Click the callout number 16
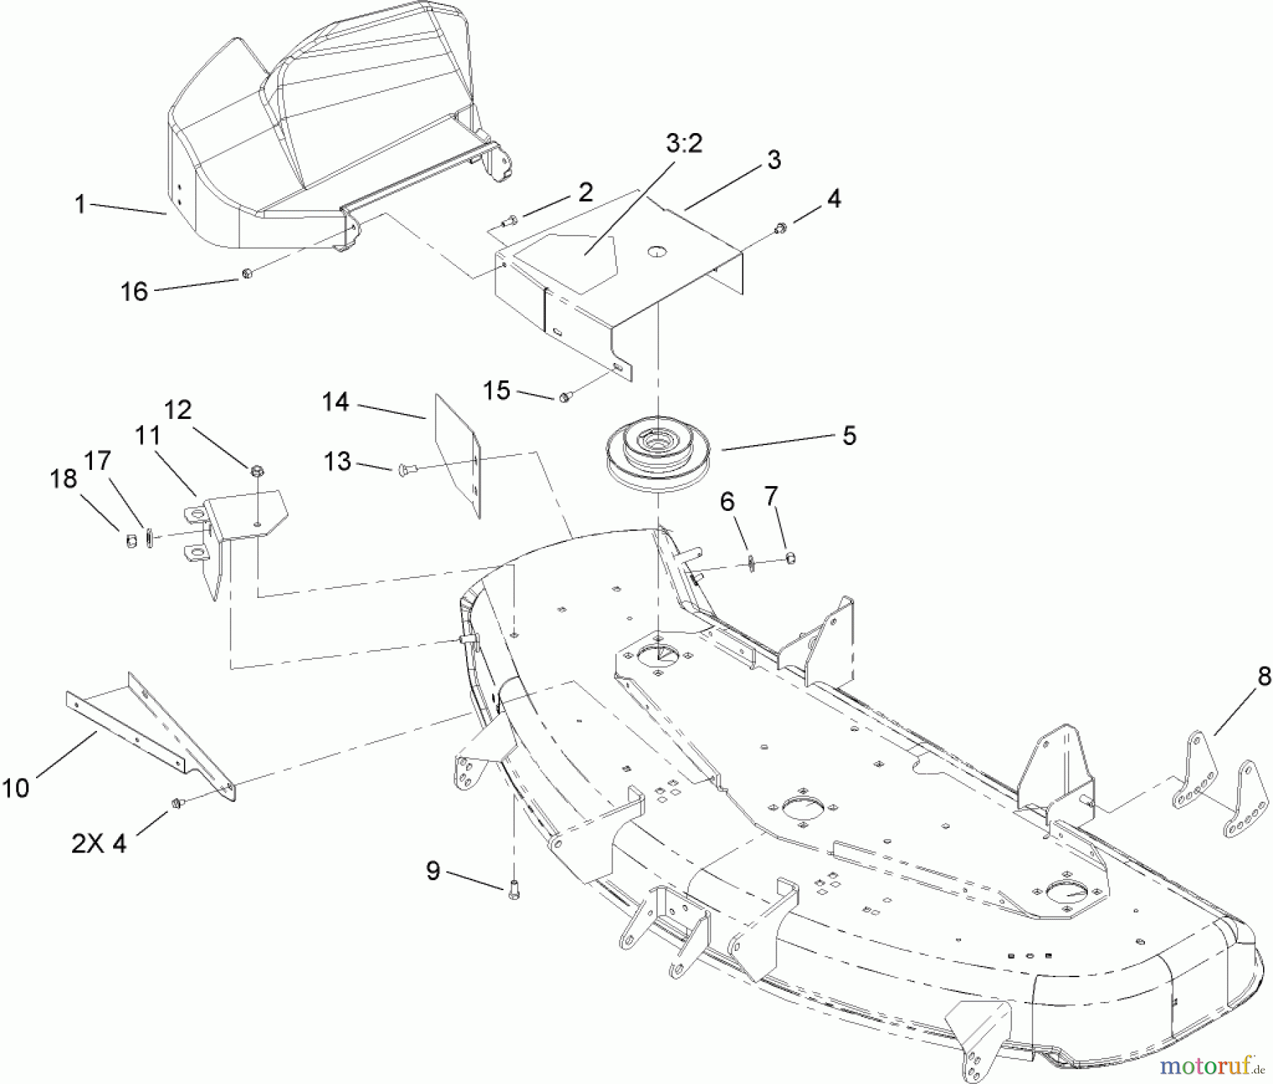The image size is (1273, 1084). point(134,291)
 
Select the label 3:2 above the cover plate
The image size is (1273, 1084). point(684,144)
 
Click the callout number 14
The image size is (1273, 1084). point(335,402)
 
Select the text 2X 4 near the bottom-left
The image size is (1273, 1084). point(99,843)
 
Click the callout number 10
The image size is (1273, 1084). point(16,787)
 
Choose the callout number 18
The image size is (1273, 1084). point(64,478)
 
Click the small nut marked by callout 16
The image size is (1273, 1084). point(248,273)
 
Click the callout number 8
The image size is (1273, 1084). point(1264,676)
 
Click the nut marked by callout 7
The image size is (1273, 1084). point(791,558)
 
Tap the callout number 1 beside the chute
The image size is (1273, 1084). point(80,204)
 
